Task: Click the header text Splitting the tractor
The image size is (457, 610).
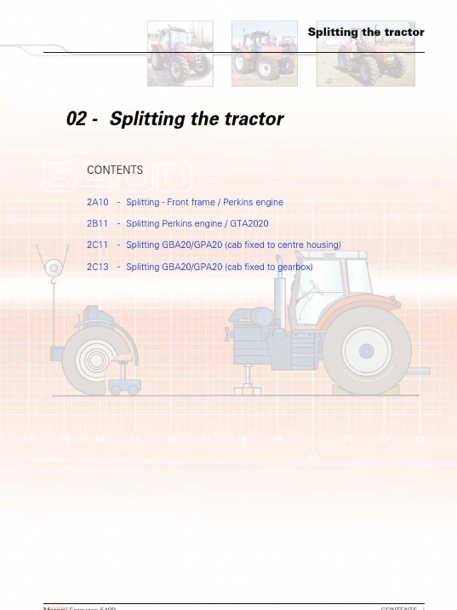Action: tap(365, 32)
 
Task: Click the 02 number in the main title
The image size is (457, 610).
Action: tap(77, 119)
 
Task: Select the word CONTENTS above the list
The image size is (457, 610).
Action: tap(115, 170)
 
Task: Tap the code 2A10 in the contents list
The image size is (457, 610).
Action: tap(98, 203)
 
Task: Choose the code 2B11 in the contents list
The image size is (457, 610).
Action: tap(98, 224)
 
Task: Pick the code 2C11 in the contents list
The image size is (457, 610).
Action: tap(98, 245)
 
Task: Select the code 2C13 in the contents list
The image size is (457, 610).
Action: tap(98, 267)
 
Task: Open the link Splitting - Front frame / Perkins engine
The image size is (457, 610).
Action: tap(204, 203)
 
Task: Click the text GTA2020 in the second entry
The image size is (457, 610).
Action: tap(249, 224)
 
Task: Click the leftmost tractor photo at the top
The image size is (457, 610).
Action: tap(180, 54)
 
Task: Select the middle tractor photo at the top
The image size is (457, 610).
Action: tap(264, 54)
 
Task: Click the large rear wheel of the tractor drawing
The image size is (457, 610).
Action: tap(367, 351)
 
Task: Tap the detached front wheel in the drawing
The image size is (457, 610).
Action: tap(93, 360)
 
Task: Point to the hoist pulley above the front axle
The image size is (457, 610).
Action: tap(54, 267)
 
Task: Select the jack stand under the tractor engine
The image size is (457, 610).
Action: tap(248, 381)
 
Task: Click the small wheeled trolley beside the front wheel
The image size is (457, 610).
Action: tap(124, 381)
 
